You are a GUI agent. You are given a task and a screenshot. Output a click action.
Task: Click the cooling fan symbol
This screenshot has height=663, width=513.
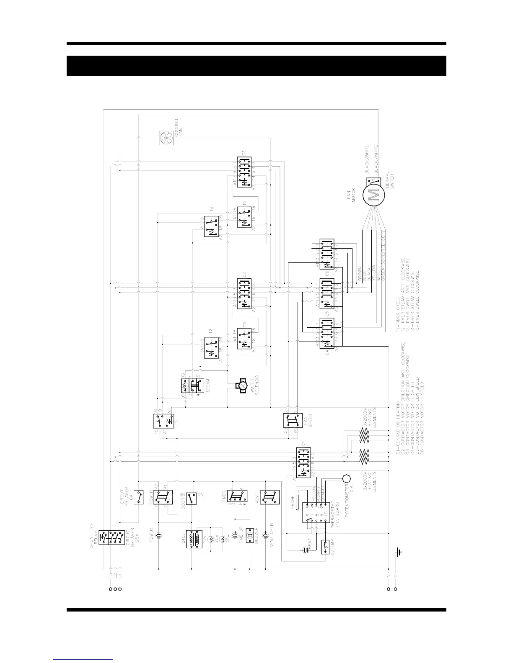click(166, 138)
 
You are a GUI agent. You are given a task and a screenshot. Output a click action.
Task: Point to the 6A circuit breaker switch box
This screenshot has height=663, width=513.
click(139, 497)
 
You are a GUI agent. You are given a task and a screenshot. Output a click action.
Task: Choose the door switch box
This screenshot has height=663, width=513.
click(191, 499)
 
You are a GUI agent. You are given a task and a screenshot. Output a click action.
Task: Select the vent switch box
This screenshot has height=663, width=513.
click(270, 498)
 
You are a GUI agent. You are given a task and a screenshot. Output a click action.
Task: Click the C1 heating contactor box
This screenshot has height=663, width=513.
click(303, 462)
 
